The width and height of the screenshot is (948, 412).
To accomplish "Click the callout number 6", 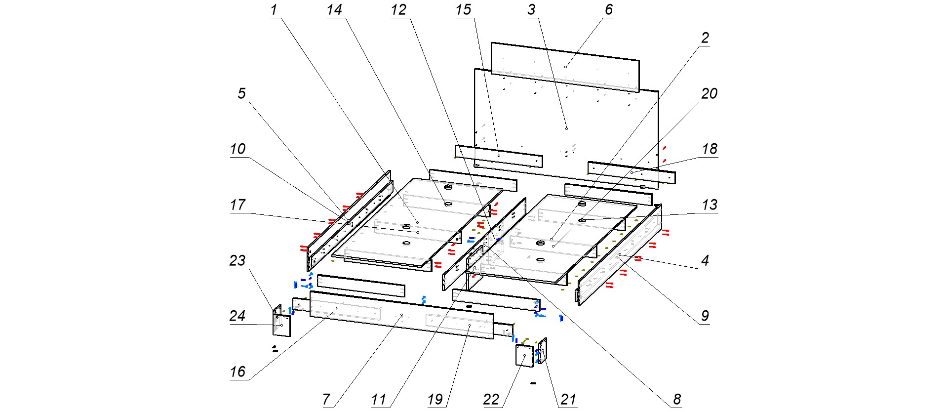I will click(608, 10).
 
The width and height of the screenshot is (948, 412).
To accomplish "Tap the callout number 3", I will click(531, 10).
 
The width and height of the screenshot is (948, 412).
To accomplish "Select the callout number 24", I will click(237, 316).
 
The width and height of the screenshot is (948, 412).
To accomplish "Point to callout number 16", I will click(237, 372).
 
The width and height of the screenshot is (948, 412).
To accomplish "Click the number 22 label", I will click(491, 400).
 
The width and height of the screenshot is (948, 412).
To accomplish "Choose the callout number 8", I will click(677, 400).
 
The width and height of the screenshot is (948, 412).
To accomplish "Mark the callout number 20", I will click(709, 94).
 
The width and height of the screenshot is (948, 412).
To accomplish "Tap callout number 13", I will click(710, 205).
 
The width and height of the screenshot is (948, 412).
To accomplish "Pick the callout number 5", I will click(241, 94).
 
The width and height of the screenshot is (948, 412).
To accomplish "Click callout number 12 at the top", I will click(398, 10).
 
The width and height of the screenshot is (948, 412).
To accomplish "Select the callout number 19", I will click(435, 400).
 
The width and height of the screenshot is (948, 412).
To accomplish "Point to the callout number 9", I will click(705, 316).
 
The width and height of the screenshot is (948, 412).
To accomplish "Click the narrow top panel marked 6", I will click(565, 67).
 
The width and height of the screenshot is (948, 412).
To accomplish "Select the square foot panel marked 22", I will click(524, 356).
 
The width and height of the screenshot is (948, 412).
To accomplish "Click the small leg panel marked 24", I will click(282, 326).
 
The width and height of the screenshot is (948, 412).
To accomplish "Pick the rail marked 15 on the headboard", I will click(499, 156).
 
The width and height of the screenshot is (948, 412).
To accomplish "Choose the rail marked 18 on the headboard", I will click(632, 172).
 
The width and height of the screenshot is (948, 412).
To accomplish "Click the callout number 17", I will click(237, 205).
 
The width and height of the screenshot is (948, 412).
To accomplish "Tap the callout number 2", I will click(705, 38).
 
